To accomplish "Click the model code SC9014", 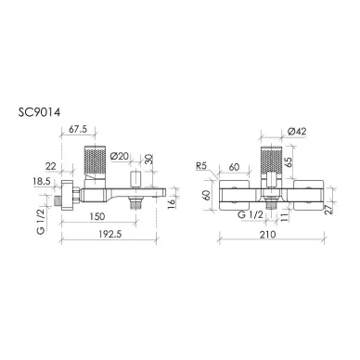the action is [x=39, y=112].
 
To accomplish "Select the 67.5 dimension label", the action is [x=78, y=129].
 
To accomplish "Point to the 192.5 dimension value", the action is [x=110, y=234].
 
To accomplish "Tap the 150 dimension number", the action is [x=97, y=216].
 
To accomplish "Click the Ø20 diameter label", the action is [x=119, y=156].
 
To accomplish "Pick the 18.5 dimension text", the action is [x=42, y=181].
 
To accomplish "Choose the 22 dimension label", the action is [x=51, y=166].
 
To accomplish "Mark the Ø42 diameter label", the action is [x=297, y=132].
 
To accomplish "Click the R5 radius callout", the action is [x=201, y=166].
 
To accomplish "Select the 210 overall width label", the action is [x=267, y=234].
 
